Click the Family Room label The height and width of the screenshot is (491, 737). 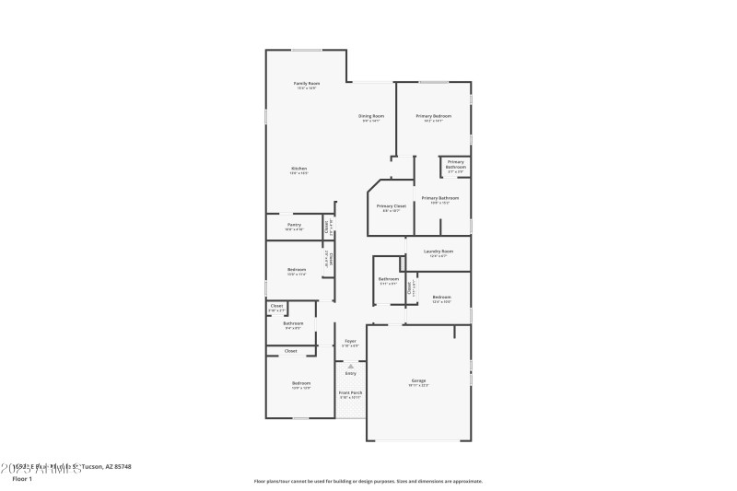click(306, 83)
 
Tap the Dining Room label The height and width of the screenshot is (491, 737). click(371, 116)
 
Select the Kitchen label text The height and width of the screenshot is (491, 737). click(299, 169)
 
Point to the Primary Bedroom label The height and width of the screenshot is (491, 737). click(433, 116)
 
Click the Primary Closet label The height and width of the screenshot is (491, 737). click(392, 206)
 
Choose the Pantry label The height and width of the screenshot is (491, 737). click(294, 225)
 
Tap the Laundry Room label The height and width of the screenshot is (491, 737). click(439, 251)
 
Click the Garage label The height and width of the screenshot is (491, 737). click(418, 380)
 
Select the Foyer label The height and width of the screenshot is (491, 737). click(350, 341)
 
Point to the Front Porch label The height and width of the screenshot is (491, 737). click(350, 392)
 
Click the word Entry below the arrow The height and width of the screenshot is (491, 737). click(350, 373)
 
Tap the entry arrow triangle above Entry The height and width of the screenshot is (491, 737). click(350, 366)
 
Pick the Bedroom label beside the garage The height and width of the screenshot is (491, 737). click(442, 297)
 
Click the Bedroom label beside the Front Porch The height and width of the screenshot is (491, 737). click(301, 382)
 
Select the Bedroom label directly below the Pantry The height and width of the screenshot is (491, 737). click(297, 270)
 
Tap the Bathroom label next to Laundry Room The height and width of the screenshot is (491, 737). click(389, 279)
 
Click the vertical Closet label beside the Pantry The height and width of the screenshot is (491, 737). click(327, 227)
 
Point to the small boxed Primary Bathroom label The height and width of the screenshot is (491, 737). click(456, 164)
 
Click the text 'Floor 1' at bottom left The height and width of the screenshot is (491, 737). click(22, 479)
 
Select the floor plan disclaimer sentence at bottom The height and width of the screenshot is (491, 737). click(368, 481)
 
